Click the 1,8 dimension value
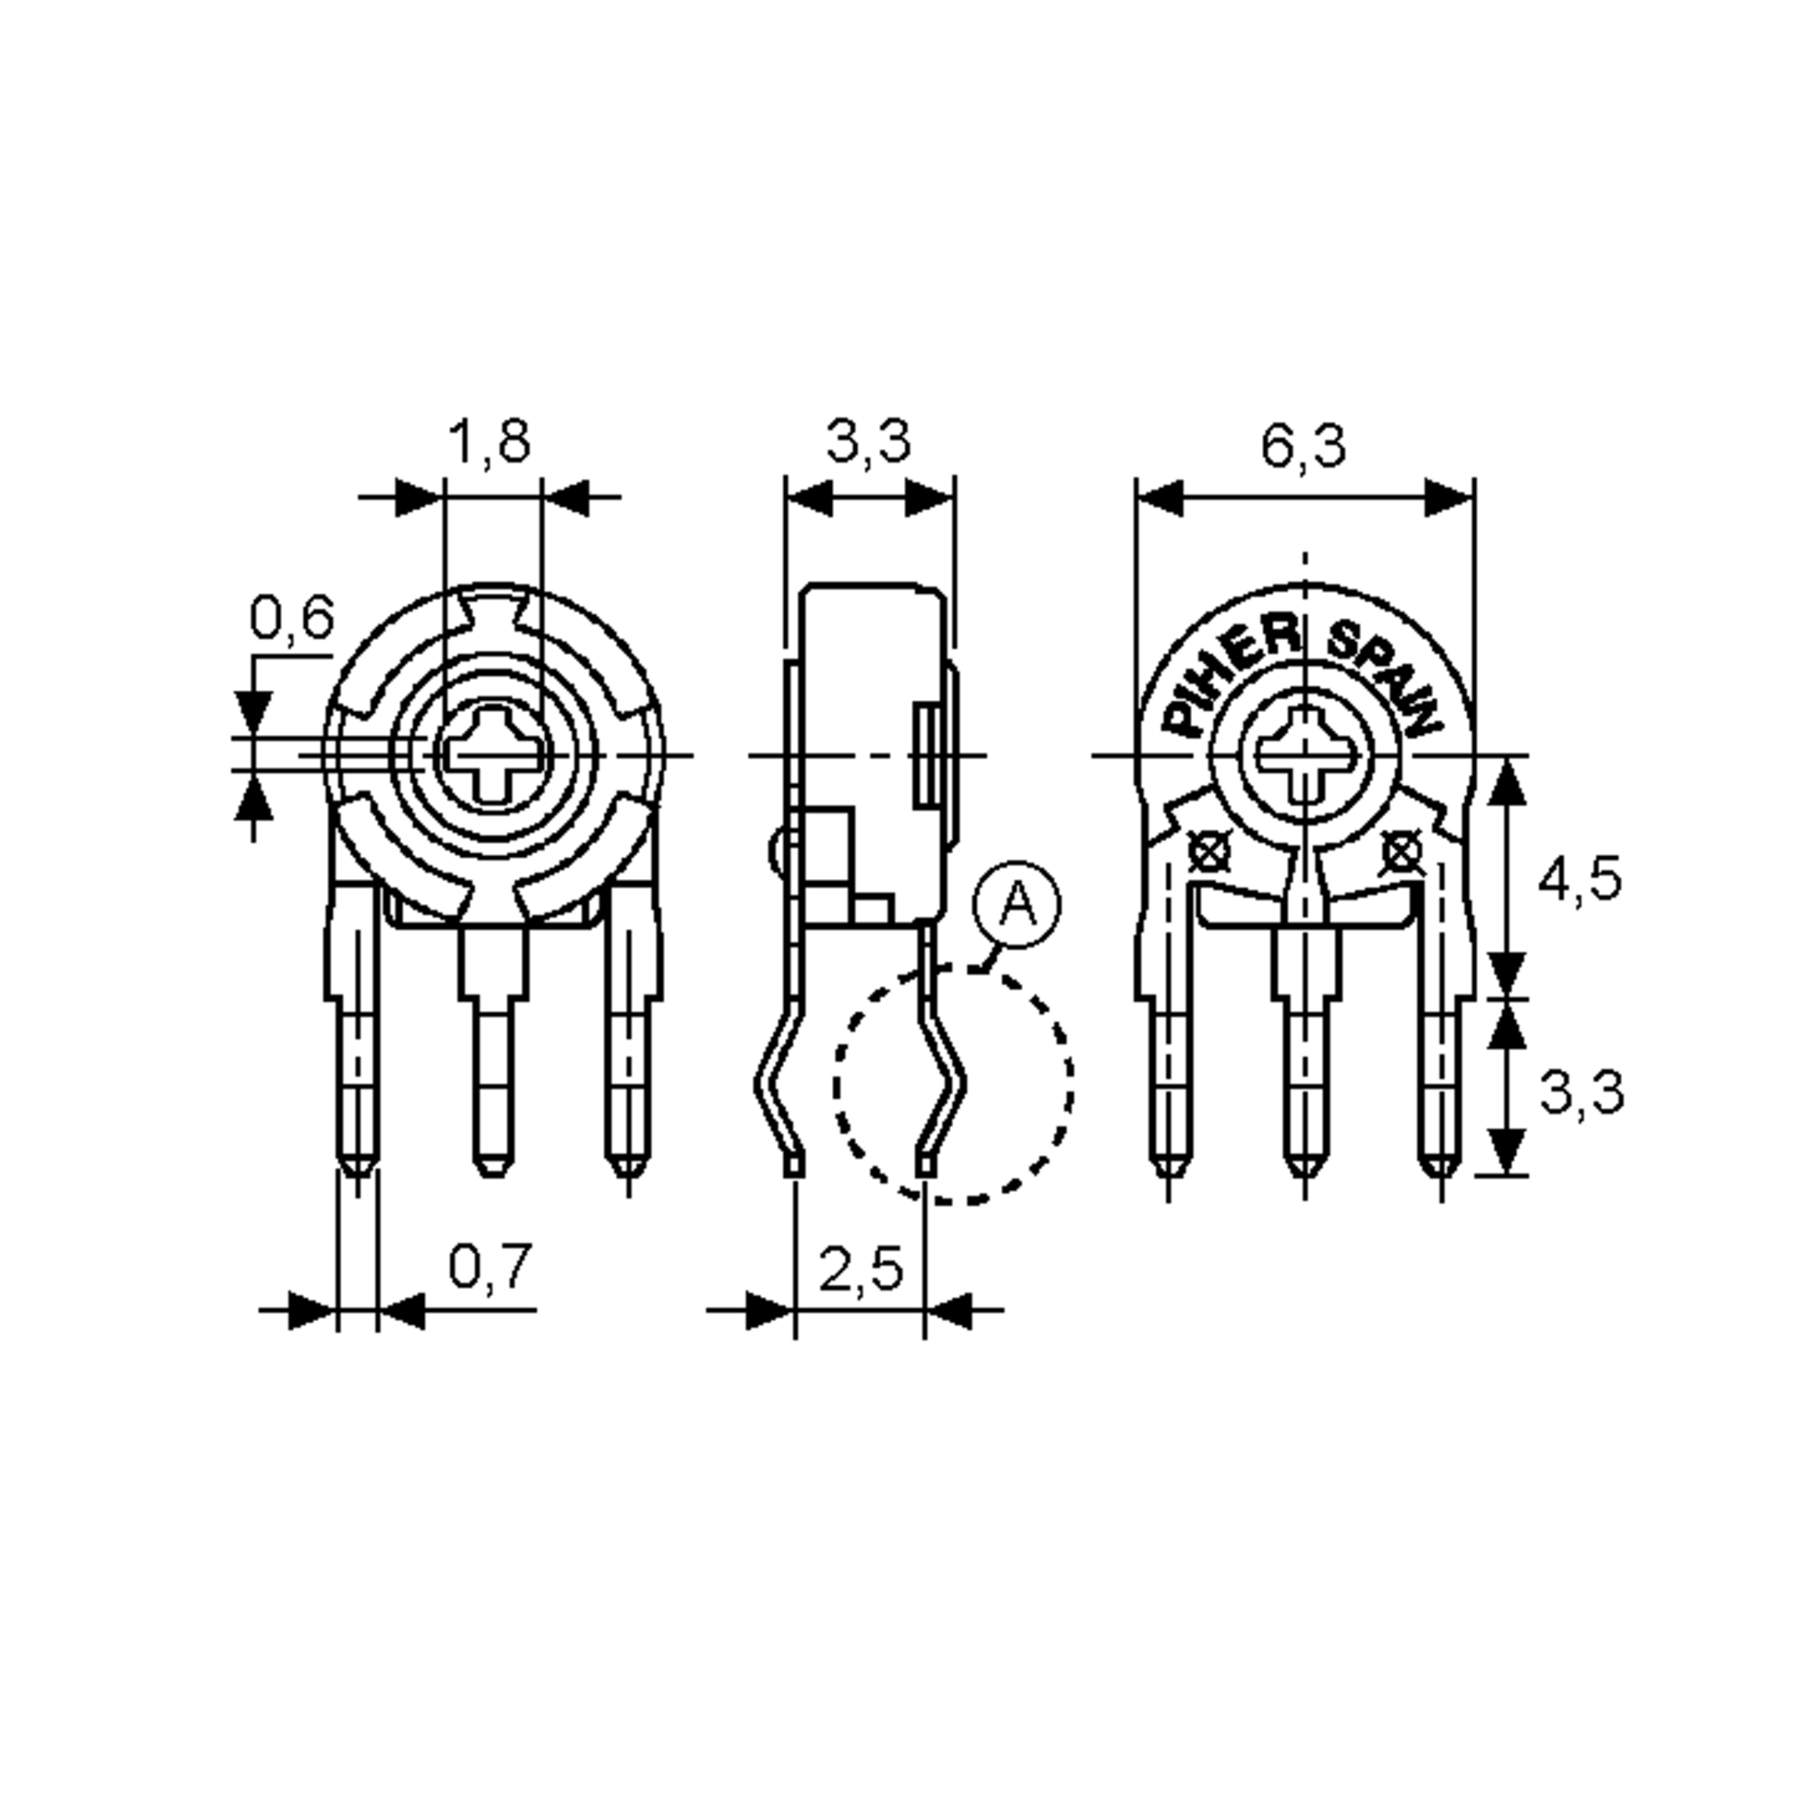[489, 442]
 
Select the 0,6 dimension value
[291, 619]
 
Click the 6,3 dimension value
[1304, 447]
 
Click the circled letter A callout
[1016, 905]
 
